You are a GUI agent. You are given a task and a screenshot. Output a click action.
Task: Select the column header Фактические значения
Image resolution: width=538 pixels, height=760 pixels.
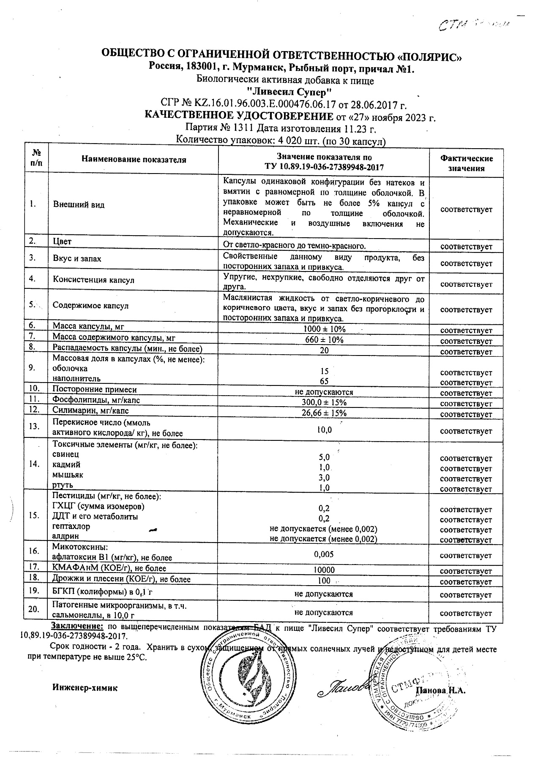466,163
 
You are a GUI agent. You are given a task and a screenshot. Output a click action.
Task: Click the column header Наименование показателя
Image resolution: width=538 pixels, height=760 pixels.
134,160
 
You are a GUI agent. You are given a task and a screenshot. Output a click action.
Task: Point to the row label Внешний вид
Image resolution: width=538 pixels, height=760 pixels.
79,205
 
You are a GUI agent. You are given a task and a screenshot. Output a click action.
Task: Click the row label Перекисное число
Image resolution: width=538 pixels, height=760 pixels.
101,423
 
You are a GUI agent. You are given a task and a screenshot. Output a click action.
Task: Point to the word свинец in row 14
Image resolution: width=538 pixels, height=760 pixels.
66,454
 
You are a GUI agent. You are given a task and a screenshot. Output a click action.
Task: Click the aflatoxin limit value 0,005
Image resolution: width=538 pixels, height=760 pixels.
324,554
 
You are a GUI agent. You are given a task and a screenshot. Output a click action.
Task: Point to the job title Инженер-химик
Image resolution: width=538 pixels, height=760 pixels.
85,688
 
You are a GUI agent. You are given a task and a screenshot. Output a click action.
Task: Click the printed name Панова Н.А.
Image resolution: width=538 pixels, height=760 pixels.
440,691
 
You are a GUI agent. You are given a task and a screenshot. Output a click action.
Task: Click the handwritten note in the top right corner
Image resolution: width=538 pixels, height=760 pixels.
473,25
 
